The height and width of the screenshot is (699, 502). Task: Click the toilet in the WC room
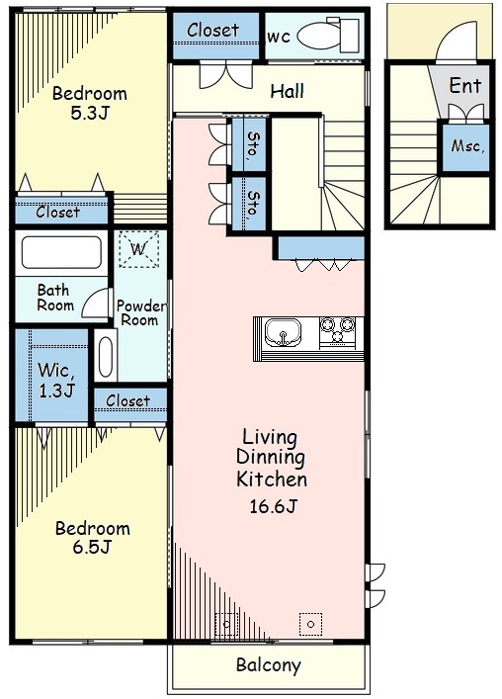(x=328, y=35)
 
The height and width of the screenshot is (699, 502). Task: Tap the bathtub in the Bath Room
(x=61, y=252)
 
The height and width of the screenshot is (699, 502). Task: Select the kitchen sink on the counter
(x=283, y=332)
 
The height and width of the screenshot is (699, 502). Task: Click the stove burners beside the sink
(x=338, y=329)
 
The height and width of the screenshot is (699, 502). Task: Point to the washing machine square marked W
(x=138, y=249)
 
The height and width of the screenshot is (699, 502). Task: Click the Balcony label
(x=269, y=665)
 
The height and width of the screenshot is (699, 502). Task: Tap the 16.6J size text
(x=273, y=506)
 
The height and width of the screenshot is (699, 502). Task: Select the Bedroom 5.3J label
(x=90, y=103)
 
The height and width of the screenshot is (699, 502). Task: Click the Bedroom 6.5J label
(x=92, y=537)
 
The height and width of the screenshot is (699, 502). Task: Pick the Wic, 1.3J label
(x=55, y=380)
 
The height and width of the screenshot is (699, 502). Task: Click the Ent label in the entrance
(x=465, y=85)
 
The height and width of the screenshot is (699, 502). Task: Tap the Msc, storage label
(x=467, y=145)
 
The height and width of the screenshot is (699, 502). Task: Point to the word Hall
(x=288, y=91)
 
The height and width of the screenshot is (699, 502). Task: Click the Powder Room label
(x=140, y=312)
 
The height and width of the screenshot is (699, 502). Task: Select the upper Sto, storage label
(x=253, y=143)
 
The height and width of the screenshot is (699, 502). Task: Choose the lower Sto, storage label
(x=253, y=203)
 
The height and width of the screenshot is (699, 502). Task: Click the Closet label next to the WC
(x=212, y=30)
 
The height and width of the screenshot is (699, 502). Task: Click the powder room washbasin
(x=106, y=356)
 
